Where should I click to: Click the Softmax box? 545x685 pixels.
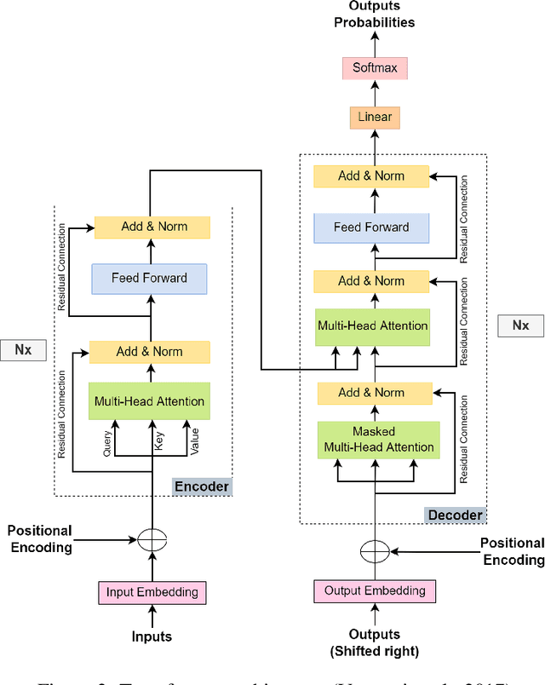pyautogui.click(x=375, y=67)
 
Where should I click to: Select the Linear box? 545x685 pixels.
pyautogui.click(x=375, y=117)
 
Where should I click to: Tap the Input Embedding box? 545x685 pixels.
pyautogui.click(x=152, y=591)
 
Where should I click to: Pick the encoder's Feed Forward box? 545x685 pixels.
pyautogui.click(x=149, y=278)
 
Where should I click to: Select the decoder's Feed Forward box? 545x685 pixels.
pyautogui.click(x=370, y=227)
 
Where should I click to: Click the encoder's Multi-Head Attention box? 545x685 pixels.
pyautogui.click(x=149, y=401)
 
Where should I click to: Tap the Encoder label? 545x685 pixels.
pyautogui.click(x=201, y=486)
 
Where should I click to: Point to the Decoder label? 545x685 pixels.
pyautogui.click(x=454, y=515)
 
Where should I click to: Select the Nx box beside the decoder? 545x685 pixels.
pyautogui.click(x=519, y=325)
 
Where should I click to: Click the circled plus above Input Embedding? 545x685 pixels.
pyautogui.click(x=152, y=539)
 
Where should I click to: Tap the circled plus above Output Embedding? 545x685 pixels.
pyautogui.click(x=374, y=550)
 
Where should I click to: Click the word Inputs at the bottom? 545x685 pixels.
pyautogui.click(x=151, y=636)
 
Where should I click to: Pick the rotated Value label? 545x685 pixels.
pyautogui.click(x=195, y=440)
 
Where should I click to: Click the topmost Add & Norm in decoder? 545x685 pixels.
pyautogui.click(x=370, y=176)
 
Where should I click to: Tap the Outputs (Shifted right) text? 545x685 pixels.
pyautogui.click(x=375, y=642)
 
